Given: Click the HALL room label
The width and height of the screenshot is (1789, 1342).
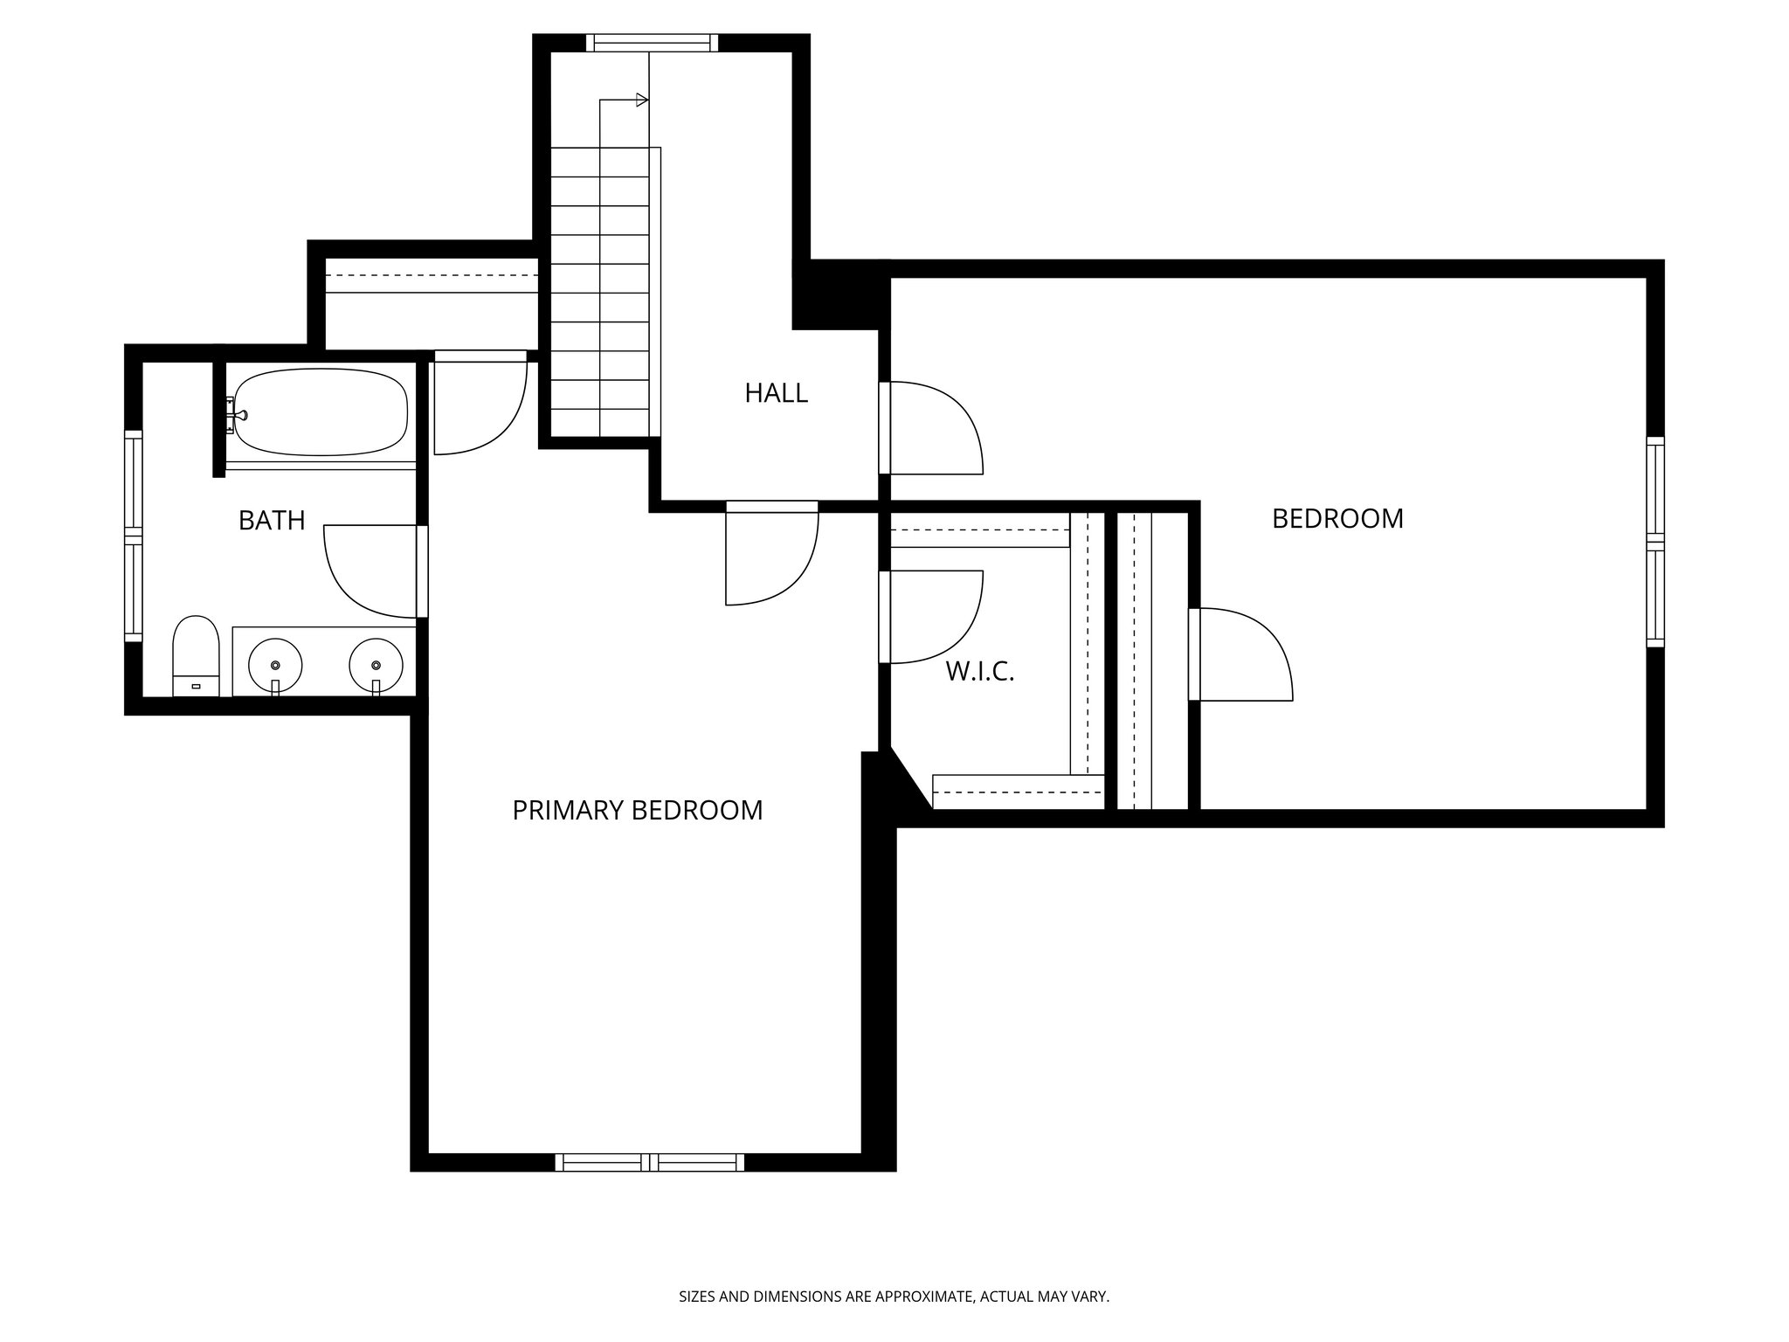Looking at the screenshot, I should (776, 393).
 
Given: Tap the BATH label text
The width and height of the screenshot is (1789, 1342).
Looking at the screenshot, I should (272, 521).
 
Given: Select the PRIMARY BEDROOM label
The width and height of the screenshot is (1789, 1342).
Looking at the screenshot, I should (637, 811).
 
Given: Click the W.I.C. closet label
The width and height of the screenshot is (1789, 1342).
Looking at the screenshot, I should (979, 672).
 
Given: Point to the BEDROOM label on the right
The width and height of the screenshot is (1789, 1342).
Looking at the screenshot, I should (1337, 519).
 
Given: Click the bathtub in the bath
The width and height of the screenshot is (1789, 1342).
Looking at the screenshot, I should (321, 412).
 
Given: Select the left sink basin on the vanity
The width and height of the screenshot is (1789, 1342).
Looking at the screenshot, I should (275, 665).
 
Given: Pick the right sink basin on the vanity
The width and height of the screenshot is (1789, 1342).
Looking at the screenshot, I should (376, 665).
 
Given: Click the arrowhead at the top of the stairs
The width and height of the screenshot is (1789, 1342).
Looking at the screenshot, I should (643, 100).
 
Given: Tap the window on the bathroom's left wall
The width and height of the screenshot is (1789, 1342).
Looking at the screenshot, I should (133, 536).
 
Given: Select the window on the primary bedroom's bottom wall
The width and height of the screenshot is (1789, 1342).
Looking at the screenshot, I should (650, 1162).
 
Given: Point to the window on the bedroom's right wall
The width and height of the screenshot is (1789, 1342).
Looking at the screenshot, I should (1655, 542).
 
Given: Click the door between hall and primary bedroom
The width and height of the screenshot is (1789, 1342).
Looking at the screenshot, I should (769, 555).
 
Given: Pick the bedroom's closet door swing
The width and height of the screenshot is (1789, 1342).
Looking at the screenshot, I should (1240, 654).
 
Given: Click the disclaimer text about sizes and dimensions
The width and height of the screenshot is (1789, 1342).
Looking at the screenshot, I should (894, 1297).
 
